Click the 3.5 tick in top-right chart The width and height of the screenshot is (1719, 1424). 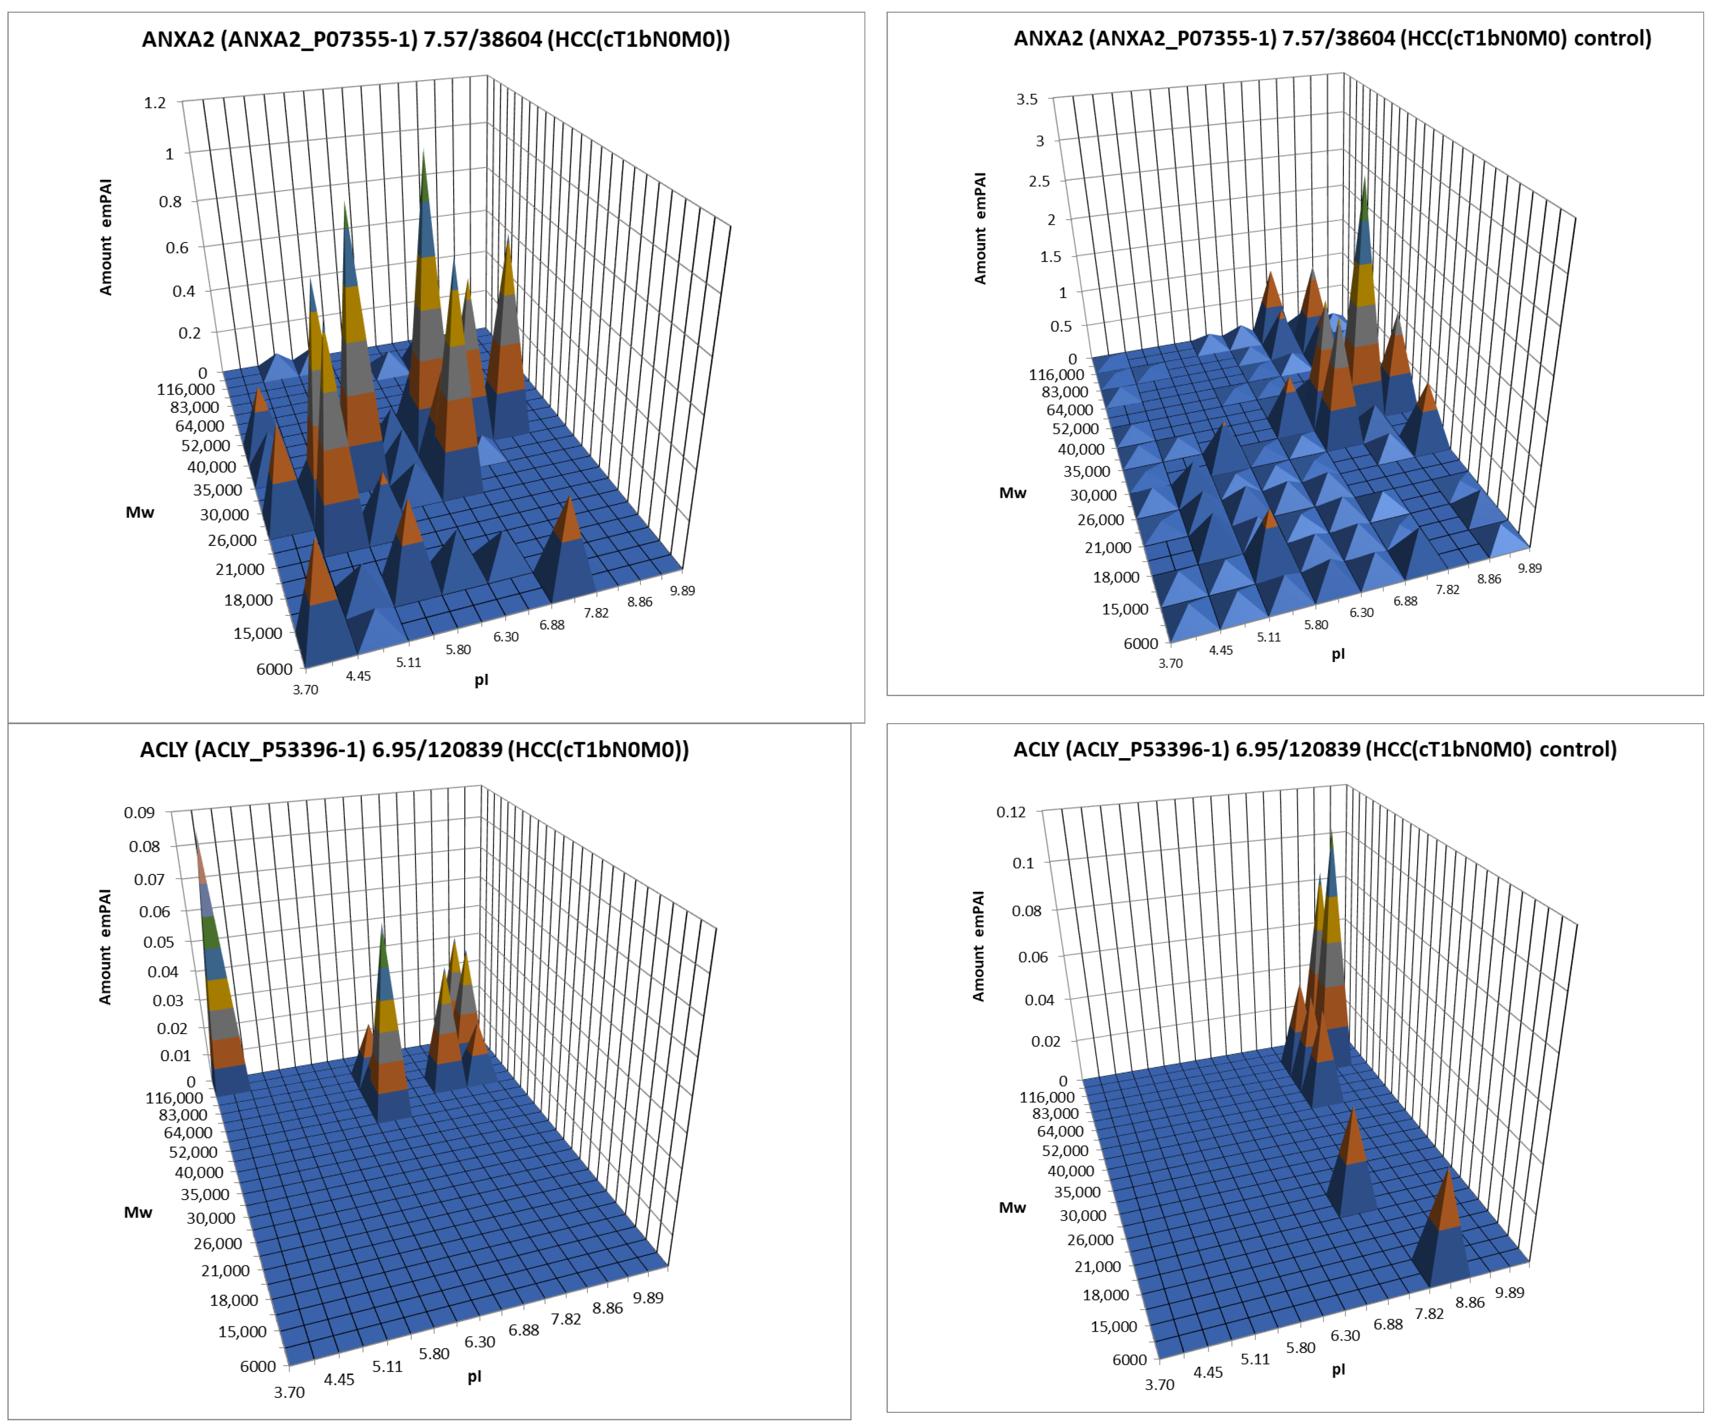pyautogui.click(x=1027, y=99)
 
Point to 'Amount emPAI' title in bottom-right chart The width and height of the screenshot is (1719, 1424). pyautogui.click(x=978, y=945)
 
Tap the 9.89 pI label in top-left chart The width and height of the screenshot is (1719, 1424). pyautogui.click(x=682, y=590)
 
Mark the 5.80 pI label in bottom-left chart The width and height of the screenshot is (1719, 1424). pyautogui.click(x=434, y=1353)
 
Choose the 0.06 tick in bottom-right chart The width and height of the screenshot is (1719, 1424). pyautogui.click(x=1032, y=956)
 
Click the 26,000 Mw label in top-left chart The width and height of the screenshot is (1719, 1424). pyautogui.click(x=232, y=540)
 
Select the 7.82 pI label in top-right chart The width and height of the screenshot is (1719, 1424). pyautogui.click(x=1447, y=589)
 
